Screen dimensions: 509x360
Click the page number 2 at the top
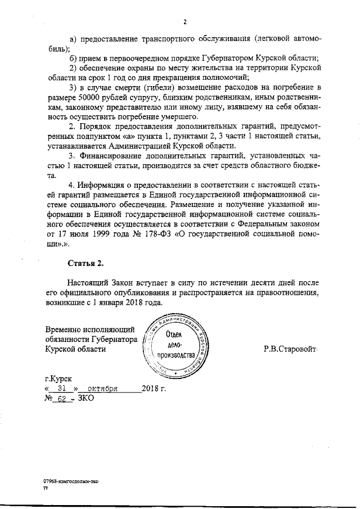coord(184,22)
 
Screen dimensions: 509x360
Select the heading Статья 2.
coord(85,263)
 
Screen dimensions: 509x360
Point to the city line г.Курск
coord(58,379)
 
